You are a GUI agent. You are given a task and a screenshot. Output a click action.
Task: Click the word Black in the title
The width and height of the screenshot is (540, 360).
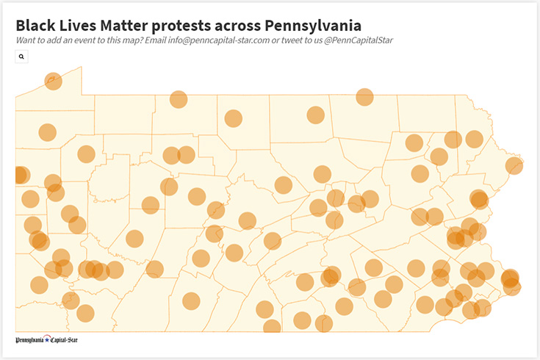pos(37,25)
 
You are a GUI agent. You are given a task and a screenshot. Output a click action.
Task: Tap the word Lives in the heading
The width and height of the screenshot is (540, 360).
pos(82,25)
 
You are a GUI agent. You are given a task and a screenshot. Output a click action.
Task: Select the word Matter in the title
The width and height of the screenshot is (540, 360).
pos(131,25)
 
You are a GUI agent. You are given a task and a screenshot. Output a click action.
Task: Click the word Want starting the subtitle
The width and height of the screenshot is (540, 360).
pos(28,40)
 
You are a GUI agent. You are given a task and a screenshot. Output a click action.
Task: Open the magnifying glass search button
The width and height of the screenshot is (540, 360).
pos(21,56)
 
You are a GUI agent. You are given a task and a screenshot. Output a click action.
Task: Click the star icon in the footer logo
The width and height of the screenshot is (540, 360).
pos(47,340)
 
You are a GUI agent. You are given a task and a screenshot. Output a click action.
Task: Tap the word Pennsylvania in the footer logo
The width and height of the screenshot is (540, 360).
pos(30,340)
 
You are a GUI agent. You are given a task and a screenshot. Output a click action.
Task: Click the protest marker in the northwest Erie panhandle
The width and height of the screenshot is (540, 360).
pos(53,81)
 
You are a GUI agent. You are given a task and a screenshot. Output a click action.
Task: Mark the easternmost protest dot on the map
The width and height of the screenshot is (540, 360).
pos(514,166)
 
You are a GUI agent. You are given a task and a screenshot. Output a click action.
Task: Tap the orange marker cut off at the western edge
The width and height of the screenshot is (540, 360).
pos(19,175)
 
